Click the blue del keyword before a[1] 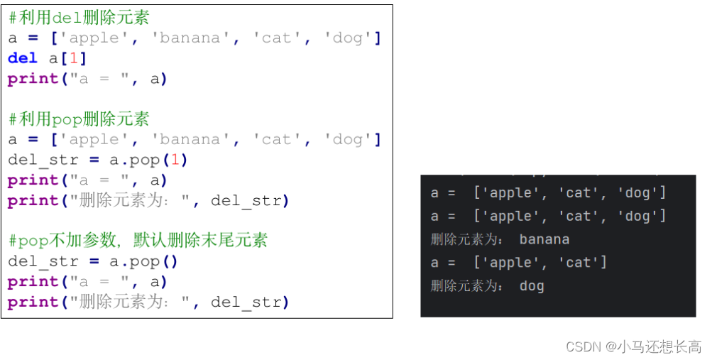(23, 58)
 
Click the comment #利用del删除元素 (79, 17)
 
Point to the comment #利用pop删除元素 (79, 119)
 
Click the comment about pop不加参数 (138, 241)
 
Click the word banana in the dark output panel (544, 239)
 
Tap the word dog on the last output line (531, 286)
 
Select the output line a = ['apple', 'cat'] (518, 263)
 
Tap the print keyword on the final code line (33, 302)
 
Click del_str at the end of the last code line (246, 302)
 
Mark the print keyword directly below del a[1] (33, 79)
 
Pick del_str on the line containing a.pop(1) (43, 160)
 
